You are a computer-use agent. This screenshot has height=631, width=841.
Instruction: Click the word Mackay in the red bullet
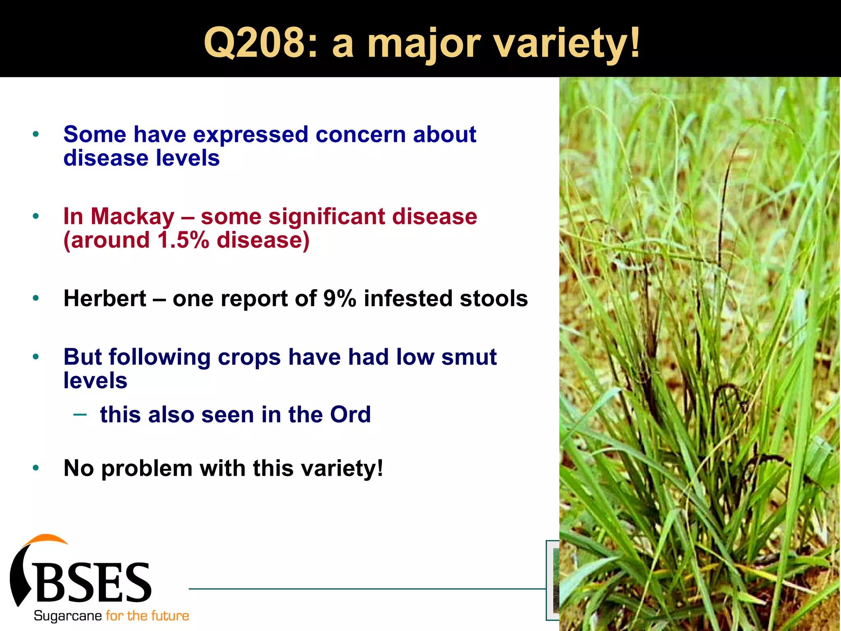(133, 216)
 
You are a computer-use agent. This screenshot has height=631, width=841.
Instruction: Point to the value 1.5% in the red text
(183, 240)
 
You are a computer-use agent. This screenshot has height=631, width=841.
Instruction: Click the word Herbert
(105, 299)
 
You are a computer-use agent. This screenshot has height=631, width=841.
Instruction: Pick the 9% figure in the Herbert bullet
(339, 299)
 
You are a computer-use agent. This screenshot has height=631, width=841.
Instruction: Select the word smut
(469, 357)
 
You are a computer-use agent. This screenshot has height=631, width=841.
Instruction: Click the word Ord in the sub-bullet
(350, 415)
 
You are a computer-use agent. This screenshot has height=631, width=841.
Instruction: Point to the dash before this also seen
(80, 415)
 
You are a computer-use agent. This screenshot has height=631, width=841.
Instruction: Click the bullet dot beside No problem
(36, 467)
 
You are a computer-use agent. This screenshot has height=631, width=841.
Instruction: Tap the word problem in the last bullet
(147, 468)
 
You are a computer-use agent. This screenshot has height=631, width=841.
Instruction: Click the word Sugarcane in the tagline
(67, 616)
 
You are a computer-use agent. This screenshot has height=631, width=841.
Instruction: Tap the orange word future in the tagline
(169, 616)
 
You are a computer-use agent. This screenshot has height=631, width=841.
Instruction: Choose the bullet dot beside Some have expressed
(36, 134)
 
